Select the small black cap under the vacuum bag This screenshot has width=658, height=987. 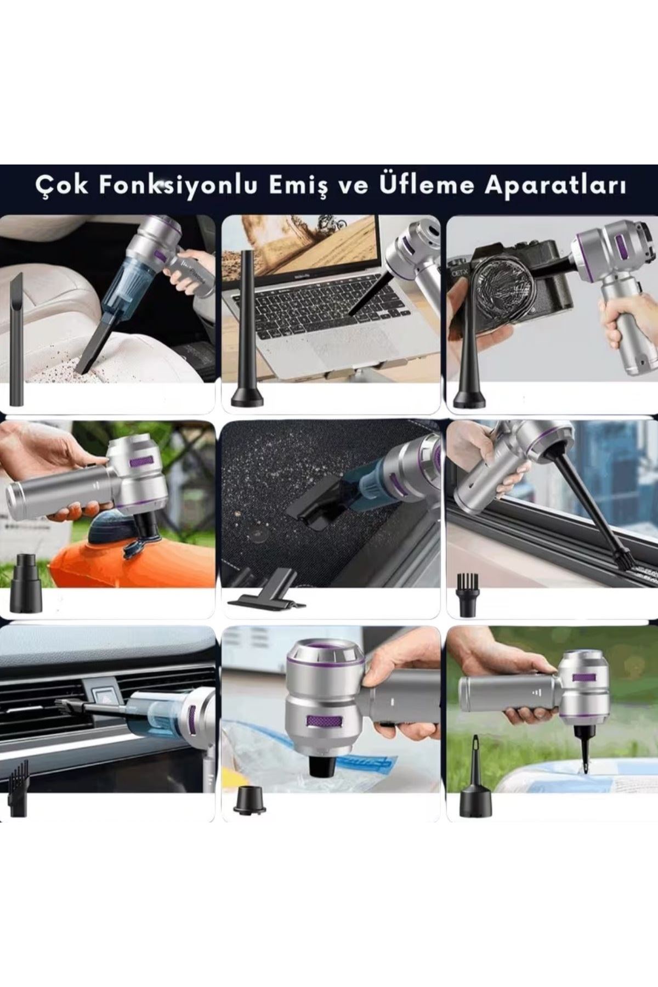pyautogui.click(x=249, y=803)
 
